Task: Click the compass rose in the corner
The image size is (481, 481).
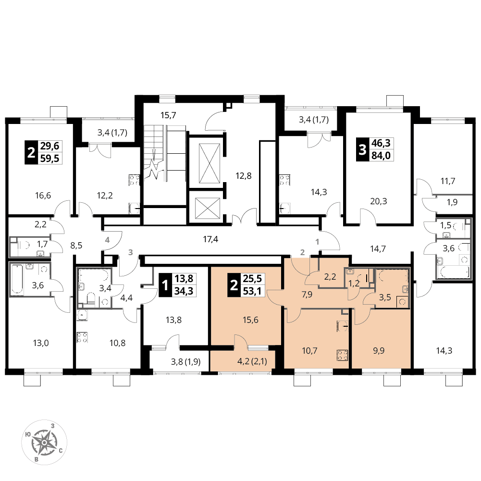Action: (44, 443)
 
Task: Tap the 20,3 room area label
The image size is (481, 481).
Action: (379, 201)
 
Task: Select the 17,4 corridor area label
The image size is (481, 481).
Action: (210, 239)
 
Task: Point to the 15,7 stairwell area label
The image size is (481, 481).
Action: (168, 115)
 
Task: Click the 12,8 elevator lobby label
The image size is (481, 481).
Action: (244, 176)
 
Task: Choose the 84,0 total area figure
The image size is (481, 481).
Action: (381, 155)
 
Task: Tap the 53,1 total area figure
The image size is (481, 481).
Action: (252, 291)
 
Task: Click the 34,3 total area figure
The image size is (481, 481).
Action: (184, 291)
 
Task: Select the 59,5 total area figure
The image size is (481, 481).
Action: (49, 158)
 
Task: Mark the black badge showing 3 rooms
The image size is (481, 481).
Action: (362, 150)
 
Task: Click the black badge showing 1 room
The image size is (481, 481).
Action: (165, 285)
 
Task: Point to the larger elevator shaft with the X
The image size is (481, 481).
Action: (209, 163)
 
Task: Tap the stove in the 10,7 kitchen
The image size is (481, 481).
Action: (342, 355)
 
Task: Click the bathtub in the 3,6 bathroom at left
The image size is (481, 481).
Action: (17, 279)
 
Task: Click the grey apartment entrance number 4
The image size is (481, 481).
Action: (107, 240)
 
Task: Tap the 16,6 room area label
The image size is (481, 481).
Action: (43, 196)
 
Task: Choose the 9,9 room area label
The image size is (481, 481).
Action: (379, 351)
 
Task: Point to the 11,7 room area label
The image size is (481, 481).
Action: (448, 181)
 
